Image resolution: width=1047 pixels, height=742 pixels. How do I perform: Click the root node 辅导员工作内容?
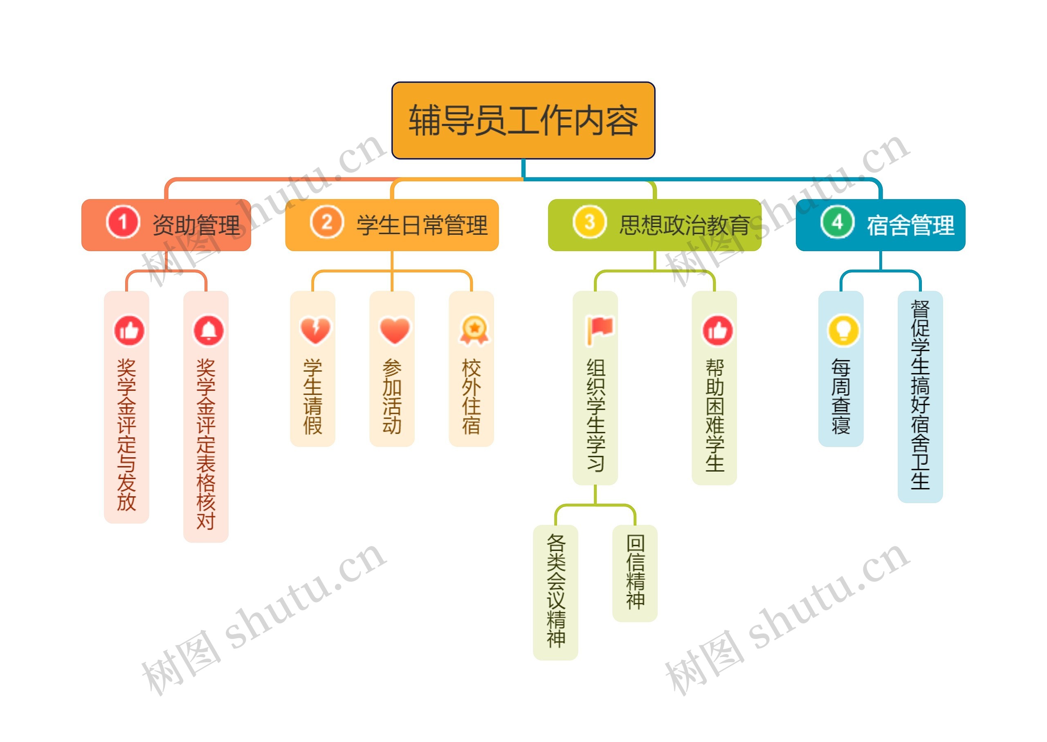523,120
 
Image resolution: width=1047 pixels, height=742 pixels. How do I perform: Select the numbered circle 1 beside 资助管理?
122,223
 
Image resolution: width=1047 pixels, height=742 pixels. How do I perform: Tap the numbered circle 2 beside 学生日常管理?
326,223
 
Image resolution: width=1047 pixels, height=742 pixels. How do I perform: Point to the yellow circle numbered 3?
589,223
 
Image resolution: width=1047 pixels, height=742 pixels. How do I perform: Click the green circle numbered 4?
837,223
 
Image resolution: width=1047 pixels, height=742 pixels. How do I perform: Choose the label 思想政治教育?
684,225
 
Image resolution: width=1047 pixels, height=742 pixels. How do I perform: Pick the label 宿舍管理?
910,225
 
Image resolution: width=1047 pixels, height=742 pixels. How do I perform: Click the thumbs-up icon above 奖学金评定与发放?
129,331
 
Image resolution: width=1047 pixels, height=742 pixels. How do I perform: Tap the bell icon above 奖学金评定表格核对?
209,331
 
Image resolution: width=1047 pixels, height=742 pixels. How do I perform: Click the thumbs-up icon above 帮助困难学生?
718,331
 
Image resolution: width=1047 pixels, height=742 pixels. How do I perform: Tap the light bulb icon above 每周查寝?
843,331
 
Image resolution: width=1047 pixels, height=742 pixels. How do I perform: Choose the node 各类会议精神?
555,592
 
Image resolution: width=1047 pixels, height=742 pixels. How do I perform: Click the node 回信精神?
635,573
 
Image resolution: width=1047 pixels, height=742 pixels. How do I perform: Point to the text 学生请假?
313,397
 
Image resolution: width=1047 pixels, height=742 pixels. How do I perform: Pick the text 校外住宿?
472,397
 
